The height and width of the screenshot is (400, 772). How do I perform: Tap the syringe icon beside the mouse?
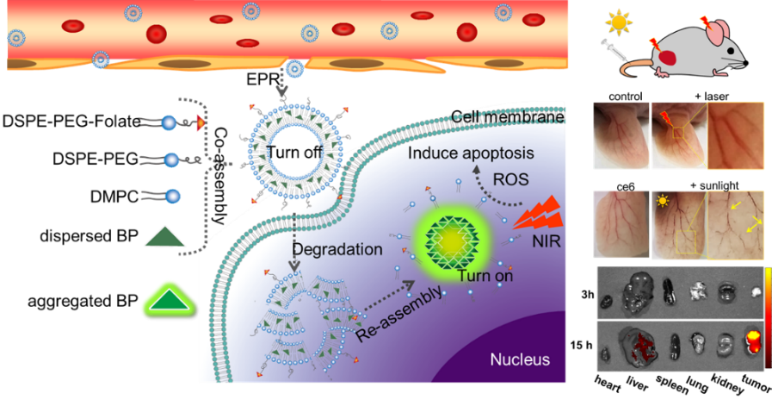pyautogui.click(x=614, y=50)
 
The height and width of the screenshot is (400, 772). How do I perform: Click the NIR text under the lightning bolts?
pyautogui.click(x=545, y=243)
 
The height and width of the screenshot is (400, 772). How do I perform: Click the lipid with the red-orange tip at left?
pyautogui.click(x=172, y=124)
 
